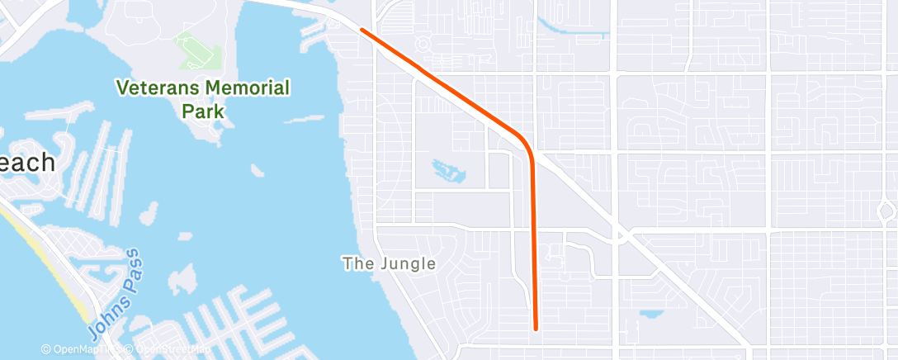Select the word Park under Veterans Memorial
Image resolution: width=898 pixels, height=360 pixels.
[203, 110]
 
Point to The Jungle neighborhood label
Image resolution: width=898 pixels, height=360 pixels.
[389, 263]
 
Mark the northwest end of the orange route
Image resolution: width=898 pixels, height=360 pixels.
[362, 30]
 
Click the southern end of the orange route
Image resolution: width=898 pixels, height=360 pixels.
[536, 329]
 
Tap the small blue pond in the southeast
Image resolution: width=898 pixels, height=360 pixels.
[652, 315]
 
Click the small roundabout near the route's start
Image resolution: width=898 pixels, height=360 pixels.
[424, 42]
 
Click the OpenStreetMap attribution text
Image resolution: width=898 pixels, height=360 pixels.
[165, 350]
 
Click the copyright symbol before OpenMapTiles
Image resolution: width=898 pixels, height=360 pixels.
[47, 350]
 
